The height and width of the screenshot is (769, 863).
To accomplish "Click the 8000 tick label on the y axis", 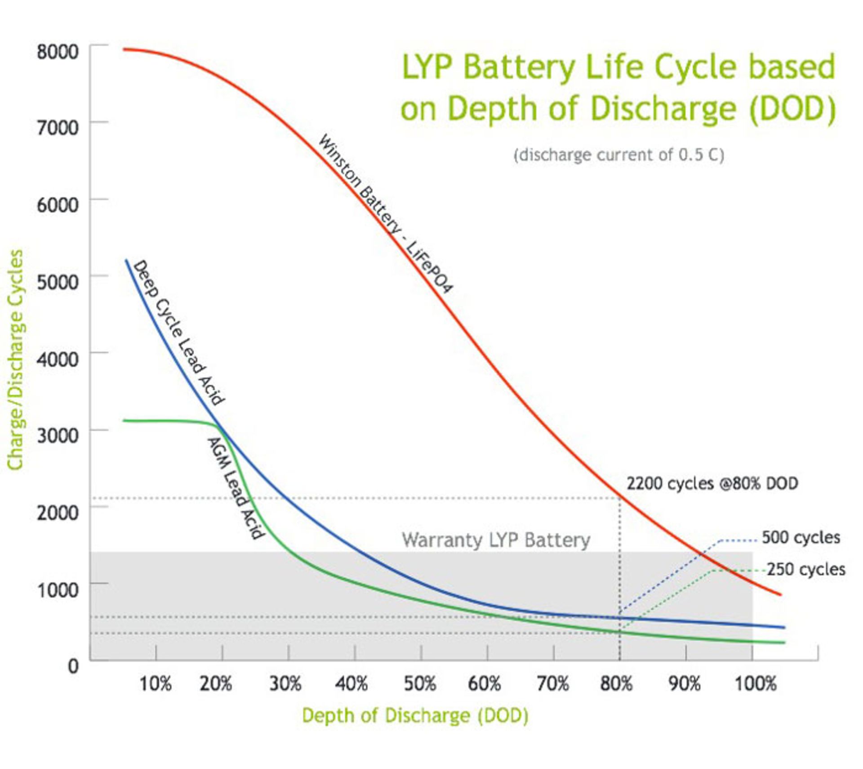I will pyautogui.click(x=57, y=52).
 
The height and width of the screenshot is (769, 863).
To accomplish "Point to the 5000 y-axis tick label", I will pyautogui.click(x=57, y=282).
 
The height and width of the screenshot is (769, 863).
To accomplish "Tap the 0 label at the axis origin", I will pyautogui.click(x=73, y=666).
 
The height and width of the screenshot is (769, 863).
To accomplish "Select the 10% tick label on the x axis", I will pyautogui.click(x=156, y=684).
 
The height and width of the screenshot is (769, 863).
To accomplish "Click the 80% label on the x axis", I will pyautogui.click(x=617, y=684).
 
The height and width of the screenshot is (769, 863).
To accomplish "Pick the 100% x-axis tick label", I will pyautogui.click(x=755, y=684).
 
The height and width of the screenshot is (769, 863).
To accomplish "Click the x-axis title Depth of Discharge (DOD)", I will pyautogui.click(x=415, y=715).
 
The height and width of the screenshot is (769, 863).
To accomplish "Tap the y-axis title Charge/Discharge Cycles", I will pyautogui.click(x=16, y=360).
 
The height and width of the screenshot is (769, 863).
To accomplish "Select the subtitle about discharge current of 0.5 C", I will pyautogui.click(x=618, y=155).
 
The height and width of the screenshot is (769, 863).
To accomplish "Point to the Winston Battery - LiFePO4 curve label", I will pyautogui.click(x=385, y=213).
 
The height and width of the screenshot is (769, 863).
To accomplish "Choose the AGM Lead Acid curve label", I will pyautogui.click(x=235, y=488).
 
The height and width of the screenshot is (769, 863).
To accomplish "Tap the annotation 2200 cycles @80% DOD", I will pyautogui.click(x=712, y=484).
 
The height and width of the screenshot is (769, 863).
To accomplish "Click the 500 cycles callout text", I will pyautogui.click(x=801, y=538).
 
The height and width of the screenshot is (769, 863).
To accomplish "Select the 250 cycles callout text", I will pyautogui.click(x=805, y=570).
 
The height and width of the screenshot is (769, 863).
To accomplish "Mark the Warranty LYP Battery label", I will pyautogui.click(x=496, y=540).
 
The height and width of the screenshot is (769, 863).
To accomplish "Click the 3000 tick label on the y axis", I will pyautogui.click(x=57, y=435).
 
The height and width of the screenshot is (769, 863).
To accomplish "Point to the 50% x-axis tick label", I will pyautogui.click(x=419, y=684).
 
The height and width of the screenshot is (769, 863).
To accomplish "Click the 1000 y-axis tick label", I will pyautogui.click(x=57, y=589).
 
